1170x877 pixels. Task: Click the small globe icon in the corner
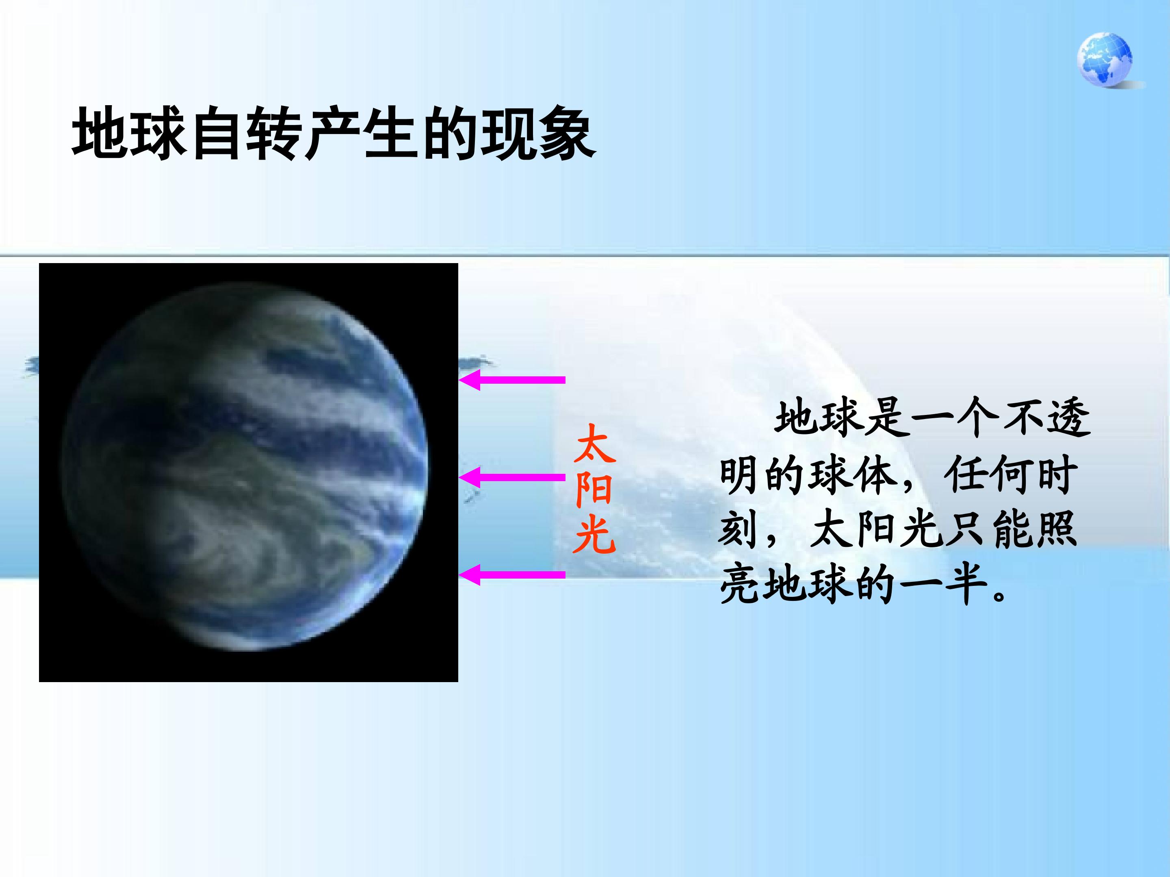coord(1105,60)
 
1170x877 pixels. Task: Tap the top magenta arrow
coord(512,380)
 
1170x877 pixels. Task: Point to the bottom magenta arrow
coord(512,575)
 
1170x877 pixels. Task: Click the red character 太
coord(594,444)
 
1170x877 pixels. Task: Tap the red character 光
coord(594,534)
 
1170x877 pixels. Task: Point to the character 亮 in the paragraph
coord(740,584)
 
